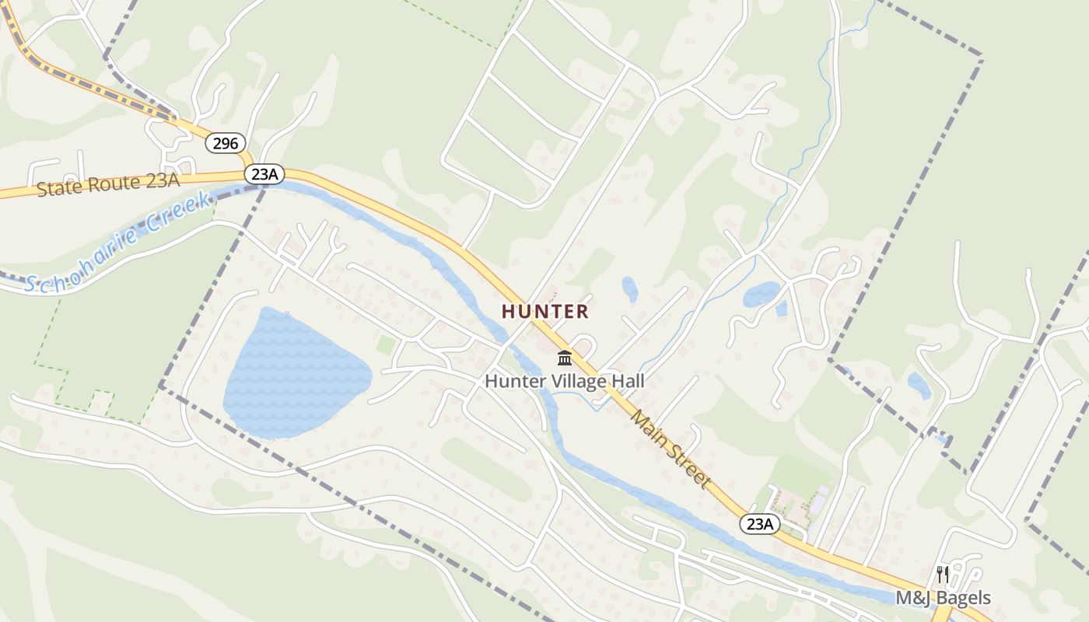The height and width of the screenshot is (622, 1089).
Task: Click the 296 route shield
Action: [226, 143]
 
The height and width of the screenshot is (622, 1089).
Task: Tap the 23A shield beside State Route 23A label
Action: [264, 174]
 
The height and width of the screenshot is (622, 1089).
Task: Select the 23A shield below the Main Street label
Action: [759, 524]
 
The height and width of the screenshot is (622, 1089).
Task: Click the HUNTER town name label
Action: [544, 312]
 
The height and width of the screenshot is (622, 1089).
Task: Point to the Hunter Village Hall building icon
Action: [565, 358]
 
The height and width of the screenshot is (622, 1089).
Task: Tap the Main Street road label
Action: [671, 449]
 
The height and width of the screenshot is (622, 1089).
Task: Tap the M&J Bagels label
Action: [943, 598]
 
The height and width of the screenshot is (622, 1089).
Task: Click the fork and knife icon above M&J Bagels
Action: [943, 575]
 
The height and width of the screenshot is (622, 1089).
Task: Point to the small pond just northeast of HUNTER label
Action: [629, 289]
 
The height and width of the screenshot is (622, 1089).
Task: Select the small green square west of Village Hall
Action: [385, 344]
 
